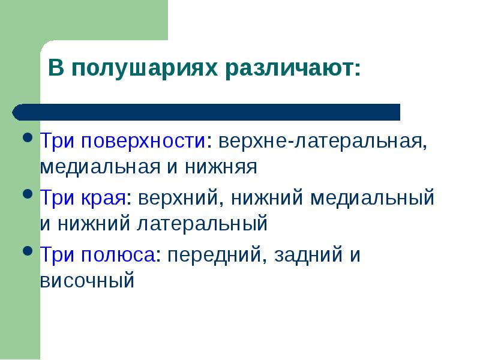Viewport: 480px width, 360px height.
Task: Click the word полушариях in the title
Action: coord(143,68)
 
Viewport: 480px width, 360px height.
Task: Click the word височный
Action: coord(86,280)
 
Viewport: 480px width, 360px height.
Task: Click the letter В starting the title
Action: coord(55,68)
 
